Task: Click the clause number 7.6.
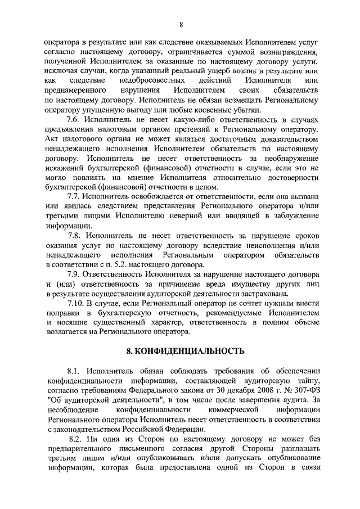coord(75,120)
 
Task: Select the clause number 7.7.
coord(75,196)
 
